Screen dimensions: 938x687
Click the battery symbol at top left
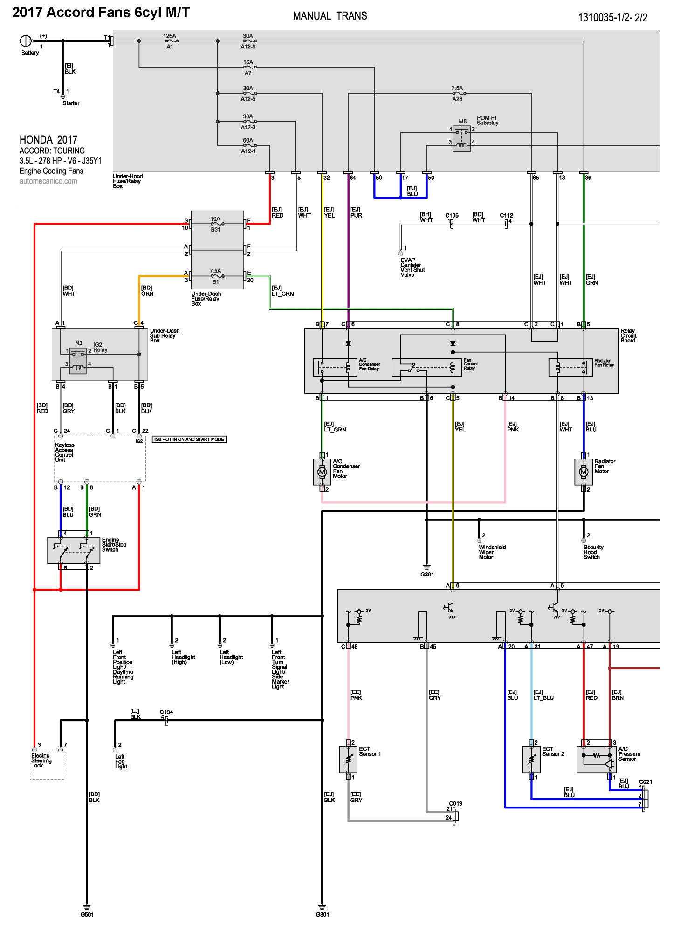26,41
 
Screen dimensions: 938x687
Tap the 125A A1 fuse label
170,41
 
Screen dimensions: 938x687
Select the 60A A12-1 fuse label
248,146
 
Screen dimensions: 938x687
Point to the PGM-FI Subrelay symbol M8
461,138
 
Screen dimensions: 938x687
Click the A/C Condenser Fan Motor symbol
322,472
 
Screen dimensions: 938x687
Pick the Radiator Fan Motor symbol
584,472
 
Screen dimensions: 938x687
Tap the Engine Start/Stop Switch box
74,550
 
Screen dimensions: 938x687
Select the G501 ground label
87,914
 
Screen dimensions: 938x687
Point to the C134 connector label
166,712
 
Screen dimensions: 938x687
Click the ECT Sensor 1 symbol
348,760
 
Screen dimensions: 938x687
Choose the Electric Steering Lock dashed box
48,764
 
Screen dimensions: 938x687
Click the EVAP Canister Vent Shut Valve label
412,267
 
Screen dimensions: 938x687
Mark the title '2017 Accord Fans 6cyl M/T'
101,13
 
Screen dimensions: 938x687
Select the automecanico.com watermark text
48,181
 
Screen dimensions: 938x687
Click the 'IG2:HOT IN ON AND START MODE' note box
189,439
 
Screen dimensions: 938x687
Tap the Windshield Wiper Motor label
492,552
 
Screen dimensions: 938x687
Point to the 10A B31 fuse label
215,224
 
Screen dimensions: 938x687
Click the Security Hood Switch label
593,552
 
